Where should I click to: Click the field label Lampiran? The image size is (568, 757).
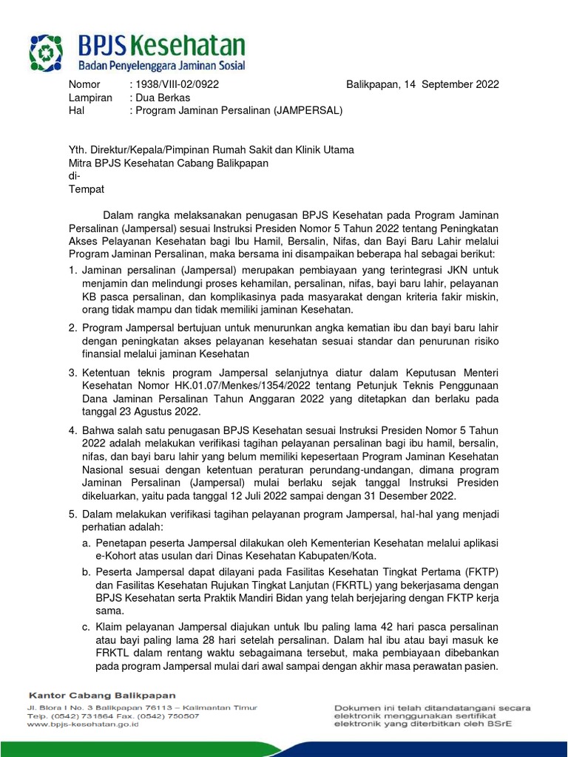tap(90, 98)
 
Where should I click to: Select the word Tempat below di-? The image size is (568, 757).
tap(87, 189)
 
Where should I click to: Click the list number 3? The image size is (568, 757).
tap(72, 373)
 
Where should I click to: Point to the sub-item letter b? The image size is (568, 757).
tap(87, 571)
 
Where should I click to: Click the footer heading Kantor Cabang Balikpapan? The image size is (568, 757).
tap(102, 695)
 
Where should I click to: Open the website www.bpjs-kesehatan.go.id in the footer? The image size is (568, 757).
tap(84, 724)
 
